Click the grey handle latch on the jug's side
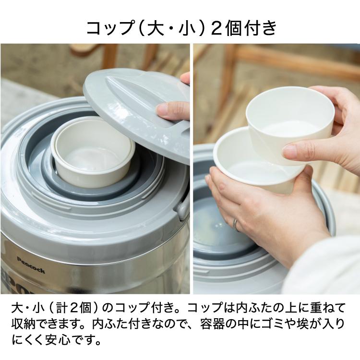pyautogui.click(x=183, y=206)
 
